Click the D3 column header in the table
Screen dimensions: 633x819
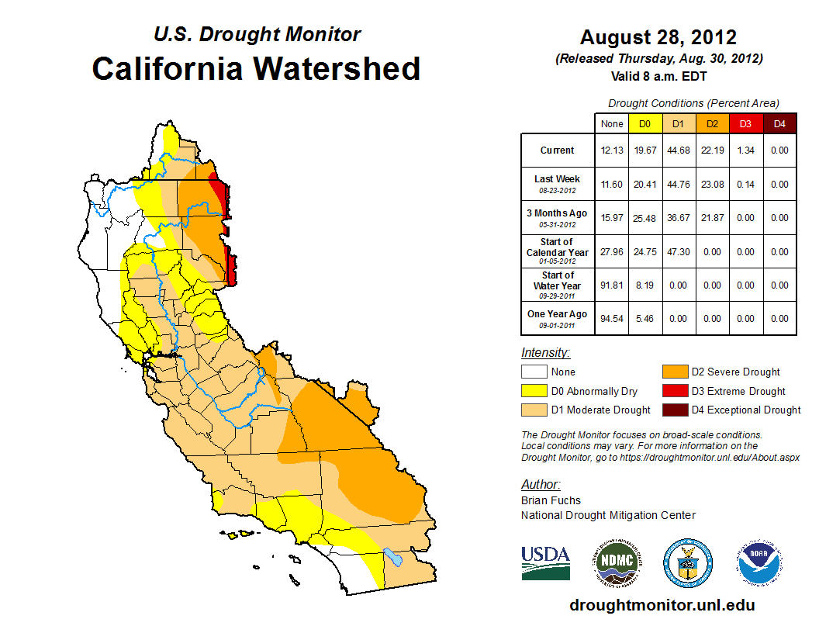(745, 123)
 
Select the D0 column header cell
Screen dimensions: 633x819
(645, 123)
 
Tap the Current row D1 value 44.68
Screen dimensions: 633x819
(679, 150)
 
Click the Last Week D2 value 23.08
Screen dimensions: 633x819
(712, 185)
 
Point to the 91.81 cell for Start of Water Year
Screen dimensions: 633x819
(612, 285)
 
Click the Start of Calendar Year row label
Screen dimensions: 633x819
(558, 251)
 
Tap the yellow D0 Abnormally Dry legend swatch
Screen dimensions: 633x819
(534, 391)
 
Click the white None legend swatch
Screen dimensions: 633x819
(534, 372)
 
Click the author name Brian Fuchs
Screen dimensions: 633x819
(551, 500)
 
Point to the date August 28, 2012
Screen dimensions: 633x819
(658, 37)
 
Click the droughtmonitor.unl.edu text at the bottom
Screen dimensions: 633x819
(662, 605)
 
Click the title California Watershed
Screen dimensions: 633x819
(256, 68)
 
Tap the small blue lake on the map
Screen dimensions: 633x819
(393, 557)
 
